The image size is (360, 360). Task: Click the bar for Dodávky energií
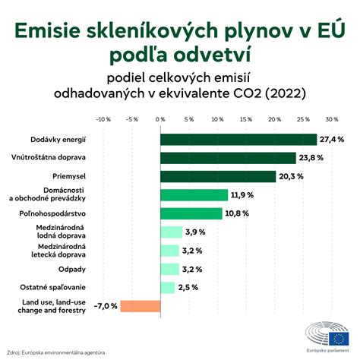click(238, 139)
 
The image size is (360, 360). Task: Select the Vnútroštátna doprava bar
click(228, 158)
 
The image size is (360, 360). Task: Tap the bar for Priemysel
click(217, 176)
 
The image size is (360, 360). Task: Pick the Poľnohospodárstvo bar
click(191, 213)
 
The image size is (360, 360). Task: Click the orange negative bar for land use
click(141, 306)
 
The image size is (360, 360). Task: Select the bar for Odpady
click(169, 269)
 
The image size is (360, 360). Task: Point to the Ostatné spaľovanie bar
click(167, 287)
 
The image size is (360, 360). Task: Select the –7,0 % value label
click(106, 306)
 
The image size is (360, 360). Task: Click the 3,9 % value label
click(196, 232)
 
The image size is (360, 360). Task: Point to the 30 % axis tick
click(331, 119)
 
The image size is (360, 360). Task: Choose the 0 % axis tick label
click(160, 119)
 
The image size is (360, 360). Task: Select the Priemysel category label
click(68, 176)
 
